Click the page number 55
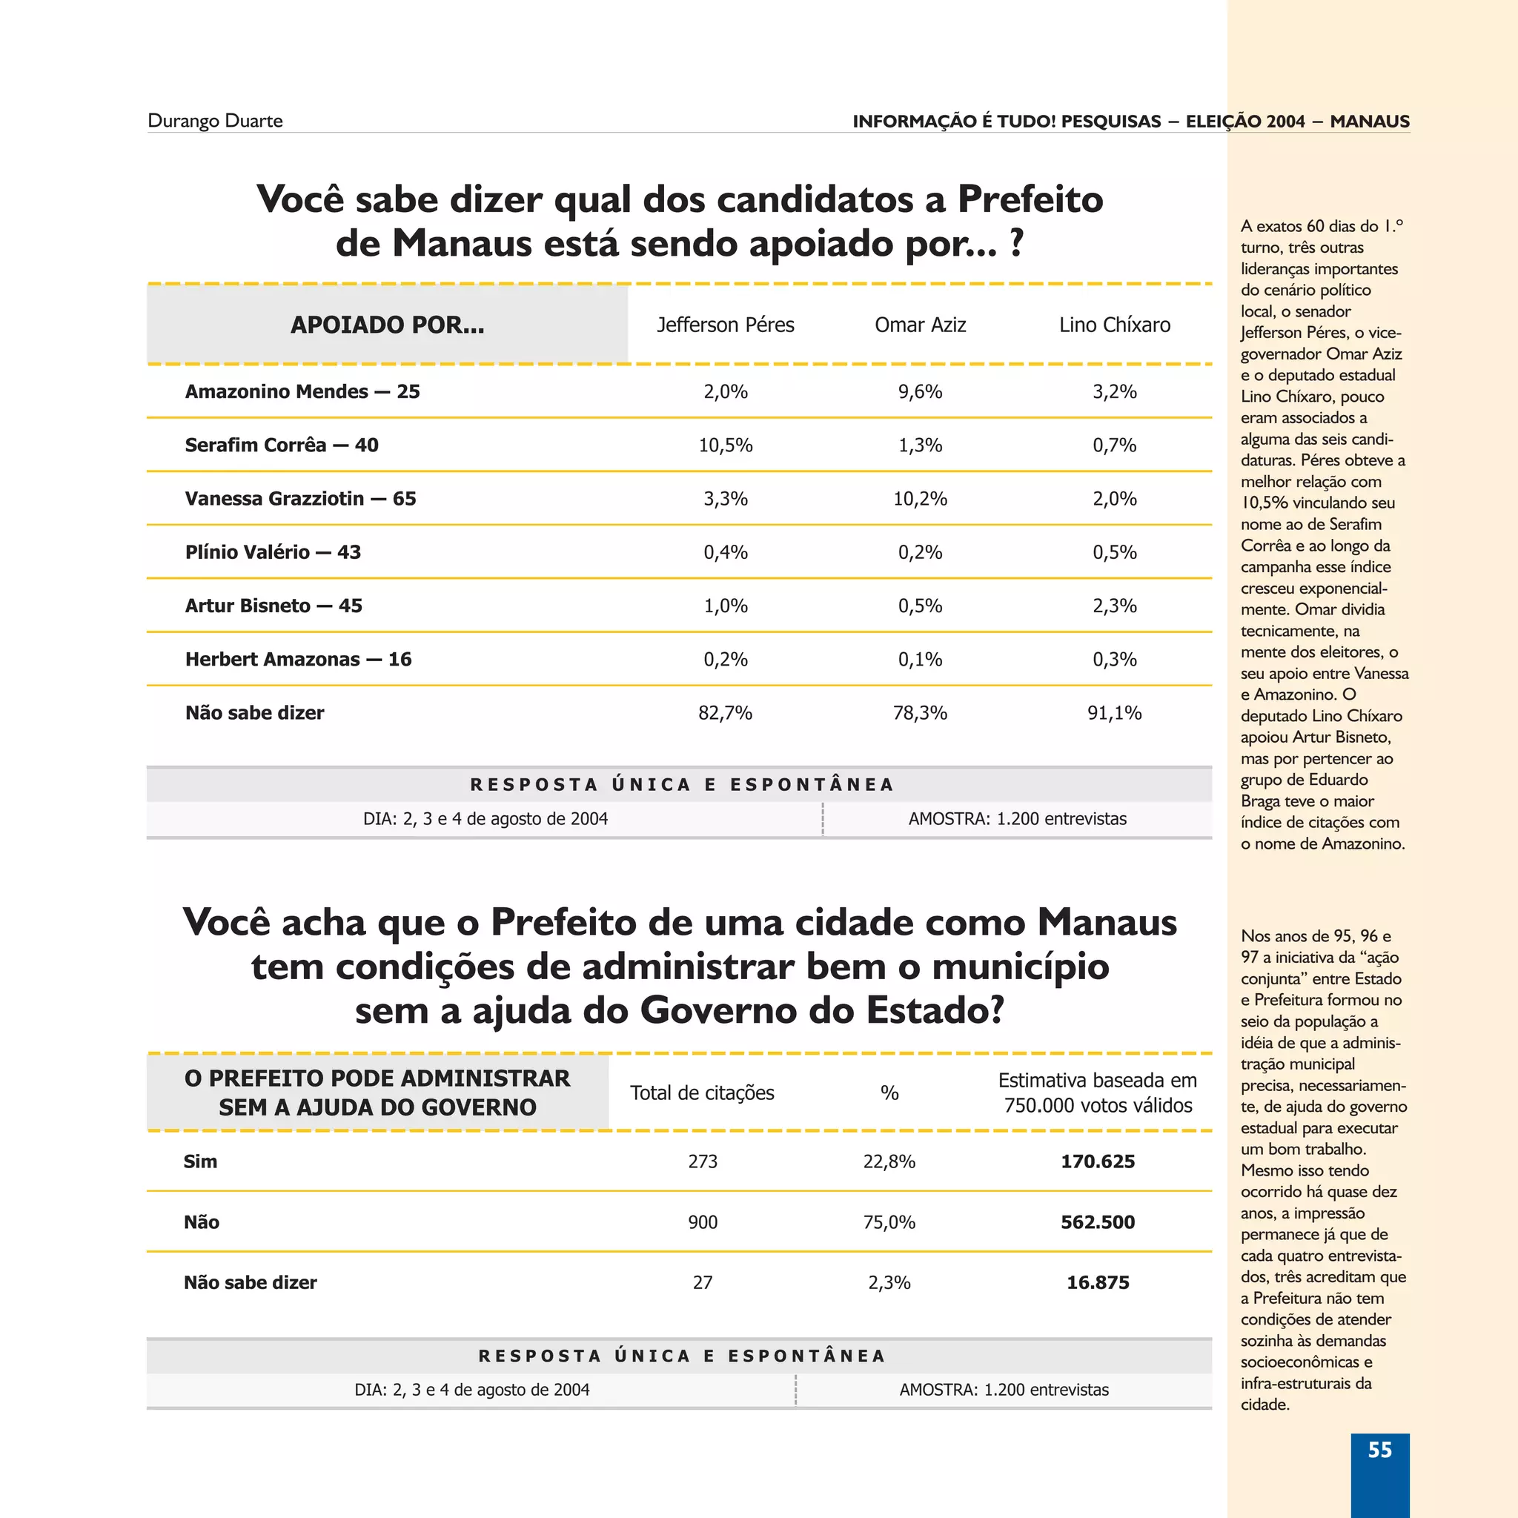1379,1450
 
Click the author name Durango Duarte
214,121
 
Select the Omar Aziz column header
920,325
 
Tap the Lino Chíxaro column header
1114,325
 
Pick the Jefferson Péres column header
725,325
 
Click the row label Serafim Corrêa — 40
281,445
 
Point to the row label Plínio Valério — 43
273,551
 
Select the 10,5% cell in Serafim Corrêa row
725,445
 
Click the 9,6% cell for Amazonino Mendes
920,391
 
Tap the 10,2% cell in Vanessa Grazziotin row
920,498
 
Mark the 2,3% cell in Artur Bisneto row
1114,606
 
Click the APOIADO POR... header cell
388,325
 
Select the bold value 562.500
1098,1222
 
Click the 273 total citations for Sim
703,1161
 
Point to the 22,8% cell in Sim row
889,1161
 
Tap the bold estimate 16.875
1098,1282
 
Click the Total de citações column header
702,1093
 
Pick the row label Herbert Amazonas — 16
298,659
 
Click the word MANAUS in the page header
1370,121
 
